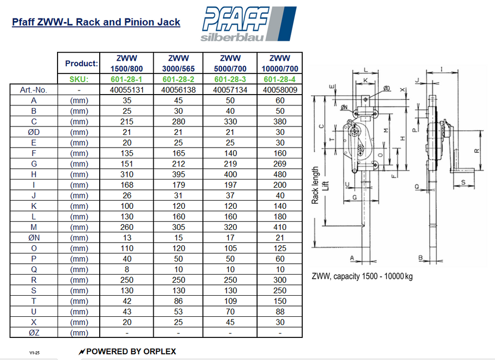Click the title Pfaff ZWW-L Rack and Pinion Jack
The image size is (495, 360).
click(x=96, y=22)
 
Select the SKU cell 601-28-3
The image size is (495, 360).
click(x=230, y=79)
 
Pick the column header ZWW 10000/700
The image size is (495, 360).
click(x=280, y=63)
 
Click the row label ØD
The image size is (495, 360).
click(x=34, y=132)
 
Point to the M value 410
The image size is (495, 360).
click(x=280, y=227)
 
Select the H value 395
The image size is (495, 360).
click(x=178, y=174)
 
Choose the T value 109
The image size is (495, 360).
click(x=230, y=301)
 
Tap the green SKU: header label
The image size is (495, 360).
click(x=79, y=79)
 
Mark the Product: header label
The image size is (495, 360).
click(x=81, y=64)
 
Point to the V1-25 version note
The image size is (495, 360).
click(x=34, y=353)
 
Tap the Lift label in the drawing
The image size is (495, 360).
click(x=324, y=185)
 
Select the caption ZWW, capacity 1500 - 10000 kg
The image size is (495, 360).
click(x=362, y=276)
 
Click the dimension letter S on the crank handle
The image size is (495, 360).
click(x=463, y=182)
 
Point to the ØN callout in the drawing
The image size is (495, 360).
click(x=344, y=107)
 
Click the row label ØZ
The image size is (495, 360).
click(x=34, y=333)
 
